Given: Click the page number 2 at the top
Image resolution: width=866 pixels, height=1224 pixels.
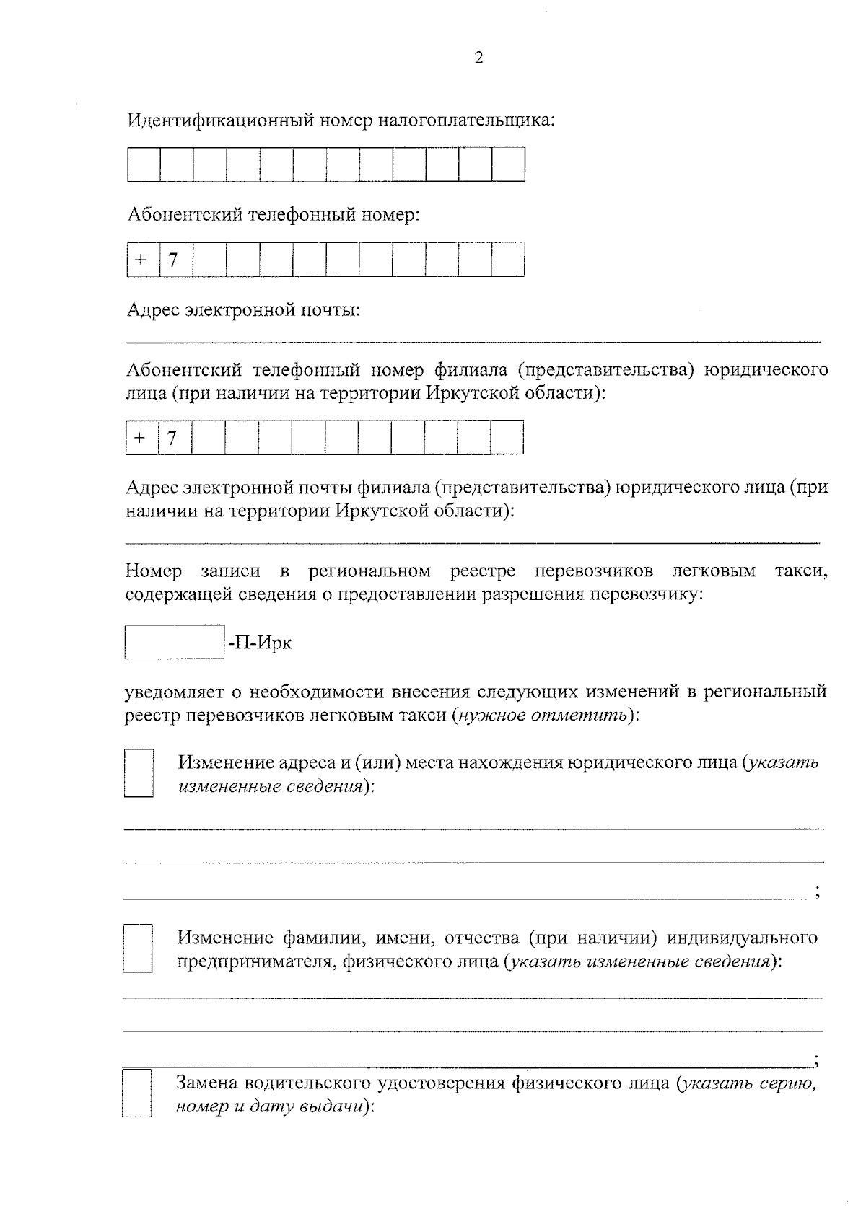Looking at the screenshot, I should pyautogui.click(x=478, y=58).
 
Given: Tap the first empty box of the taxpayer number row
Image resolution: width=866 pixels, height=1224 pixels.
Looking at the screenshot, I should pyautogui.click(x=144, y=164).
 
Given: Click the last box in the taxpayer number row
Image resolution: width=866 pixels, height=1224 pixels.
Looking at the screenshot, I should pyautogui.click(x=509, y=164).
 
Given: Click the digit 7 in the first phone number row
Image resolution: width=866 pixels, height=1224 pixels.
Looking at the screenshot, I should pyautogui.click(x=173, y=260).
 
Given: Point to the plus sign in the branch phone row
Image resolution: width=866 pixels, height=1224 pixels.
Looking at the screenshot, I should pyautogui.click(x=140, y=438).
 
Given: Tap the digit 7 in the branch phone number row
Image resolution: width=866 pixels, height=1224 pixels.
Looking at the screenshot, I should pyautogui.click(x=172, y=438).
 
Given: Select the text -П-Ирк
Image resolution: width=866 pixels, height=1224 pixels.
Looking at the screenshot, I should pyautogui.click(x=260, y=643).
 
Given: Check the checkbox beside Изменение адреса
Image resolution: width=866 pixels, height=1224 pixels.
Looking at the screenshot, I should pyautogui.click(x=139, y=773).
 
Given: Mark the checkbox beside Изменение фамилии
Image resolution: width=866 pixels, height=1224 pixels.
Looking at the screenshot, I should pyautogui.click(x=138, y=948).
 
